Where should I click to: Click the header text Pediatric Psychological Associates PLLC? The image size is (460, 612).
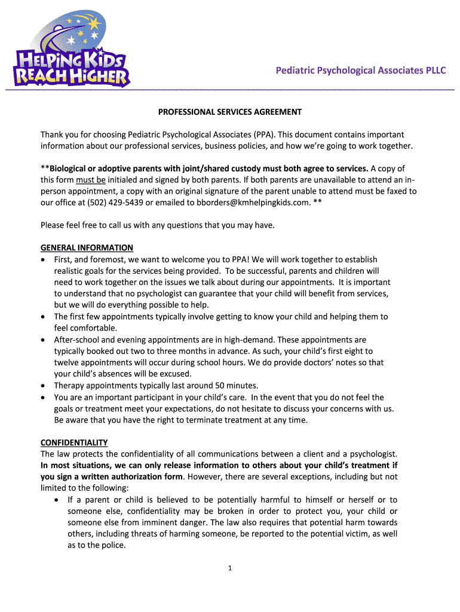(360, 71)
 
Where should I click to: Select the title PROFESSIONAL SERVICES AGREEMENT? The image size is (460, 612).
(229, 112)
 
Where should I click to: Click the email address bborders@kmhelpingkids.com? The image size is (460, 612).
(253, 202)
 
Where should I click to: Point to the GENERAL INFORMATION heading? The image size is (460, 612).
(87, 247)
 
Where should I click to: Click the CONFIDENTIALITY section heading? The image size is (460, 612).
(74, 442)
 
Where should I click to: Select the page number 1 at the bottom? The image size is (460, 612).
(230, 568)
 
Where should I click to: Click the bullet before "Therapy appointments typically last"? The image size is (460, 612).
(44, 385)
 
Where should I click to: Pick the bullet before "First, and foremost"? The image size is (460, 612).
(44, 259)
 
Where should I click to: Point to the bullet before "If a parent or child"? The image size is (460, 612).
(56, 500)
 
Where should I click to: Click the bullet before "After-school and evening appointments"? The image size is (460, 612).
(44, 339)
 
